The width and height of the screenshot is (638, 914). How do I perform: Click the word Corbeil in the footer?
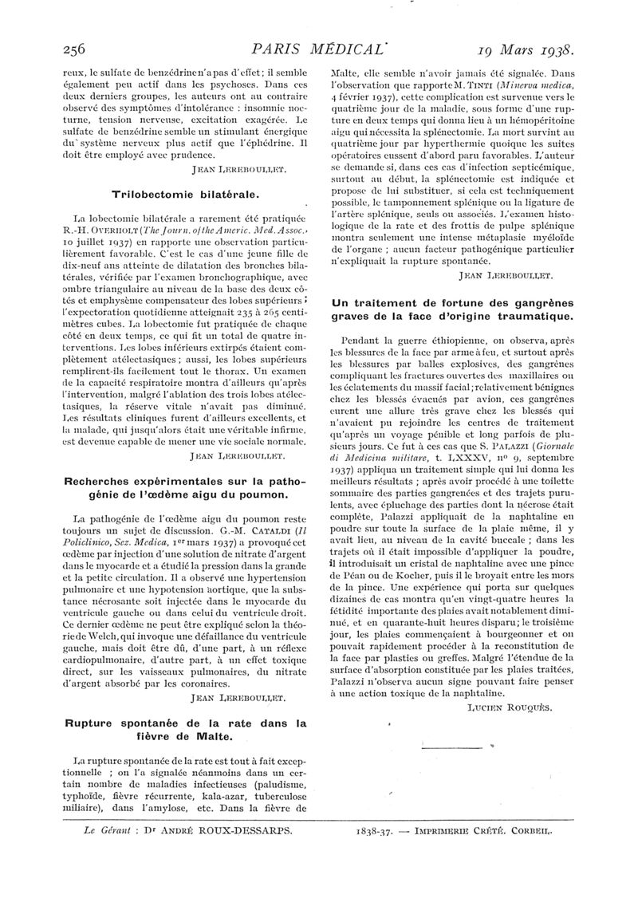click(x=529, y=829)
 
